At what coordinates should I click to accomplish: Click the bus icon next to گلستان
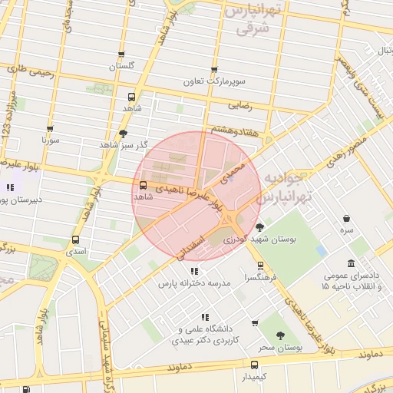[x=121, y=53]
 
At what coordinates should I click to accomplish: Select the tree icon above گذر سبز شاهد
[x=123, y=133]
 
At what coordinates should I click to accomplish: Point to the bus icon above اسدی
[x=75, y=239]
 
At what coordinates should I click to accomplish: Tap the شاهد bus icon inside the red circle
[x=143, y=185]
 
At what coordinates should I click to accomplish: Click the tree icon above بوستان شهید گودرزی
[x=259, y=227]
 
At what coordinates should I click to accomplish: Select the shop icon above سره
[x=348, y=218]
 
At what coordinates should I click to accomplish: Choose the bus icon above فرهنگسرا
[x=262, y=265]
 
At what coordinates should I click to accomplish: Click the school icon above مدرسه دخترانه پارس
[x=194, y=271]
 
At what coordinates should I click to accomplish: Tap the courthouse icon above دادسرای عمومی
[x=352, y=263]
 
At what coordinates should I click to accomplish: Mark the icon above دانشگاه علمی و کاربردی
[x=204, y=317]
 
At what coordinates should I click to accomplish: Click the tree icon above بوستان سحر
[x=279, y=335]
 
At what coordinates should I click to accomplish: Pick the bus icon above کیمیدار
[x=254, y=365]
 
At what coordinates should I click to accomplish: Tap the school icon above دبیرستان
[x=10, y=187]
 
